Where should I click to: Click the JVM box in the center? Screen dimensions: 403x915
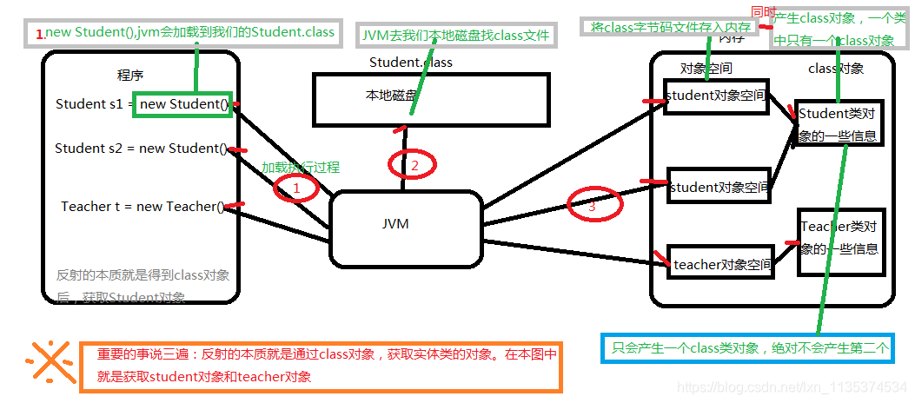pos(405,228)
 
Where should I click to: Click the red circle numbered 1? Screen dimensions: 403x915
pos(295,188)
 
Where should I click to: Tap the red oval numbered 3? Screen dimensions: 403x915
pos(595,206)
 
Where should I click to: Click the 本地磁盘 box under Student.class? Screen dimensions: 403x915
pos(431,98)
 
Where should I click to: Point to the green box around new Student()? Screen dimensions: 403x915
pos(182,105)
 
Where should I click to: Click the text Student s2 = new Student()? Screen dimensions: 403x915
pos(141,149)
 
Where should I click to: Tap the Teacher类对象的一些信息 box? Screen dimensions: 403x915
pos(840,241)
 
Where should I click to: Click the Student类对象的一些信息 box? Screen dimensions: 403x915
pos(837,123)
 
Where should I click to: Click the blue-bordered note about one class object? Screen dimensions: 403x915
pos(746,347)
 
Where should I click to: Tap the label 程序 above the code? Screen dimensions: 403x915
pos(130,75)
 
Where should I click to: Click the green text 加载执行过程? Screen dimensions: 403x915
pos(301,167)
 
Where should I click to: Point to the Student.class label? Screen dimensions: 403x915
pos(410,62)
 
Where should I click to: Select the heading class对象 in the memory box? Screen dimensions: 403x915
pos(835,69)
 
